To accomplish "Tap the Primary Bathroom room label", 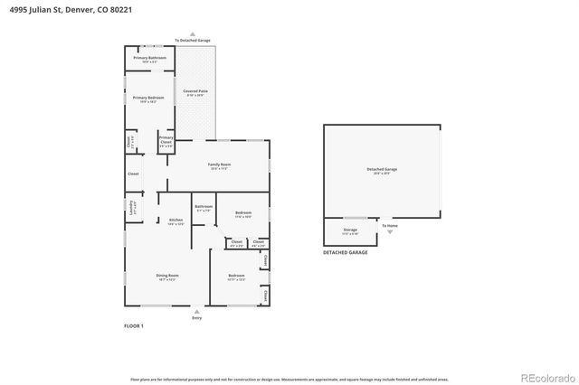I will tap(149, 58).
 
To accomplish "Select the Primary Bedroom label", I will tap(149, 98).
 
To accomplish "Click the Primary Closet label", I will tap(166, 139).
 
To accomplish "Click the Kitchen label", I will tap(176, 221).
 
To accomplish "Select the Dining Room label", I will tap(167, 276).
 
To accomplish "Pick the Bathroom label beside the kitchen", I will tap(204, 207).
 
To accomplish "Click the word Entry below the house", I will tap(197, 318).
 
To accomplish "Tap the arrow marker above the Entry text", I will tap(197, 311).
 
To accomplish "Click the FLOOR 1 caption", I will tap(133, 325).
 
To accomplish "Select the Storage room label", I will tap(350, 230).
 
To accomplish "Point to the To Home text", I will tap(389, 225).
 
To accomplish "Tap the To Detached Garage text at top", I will tap(192, 40).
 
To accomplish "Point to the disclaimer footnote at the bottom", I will tap(289, 380).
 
